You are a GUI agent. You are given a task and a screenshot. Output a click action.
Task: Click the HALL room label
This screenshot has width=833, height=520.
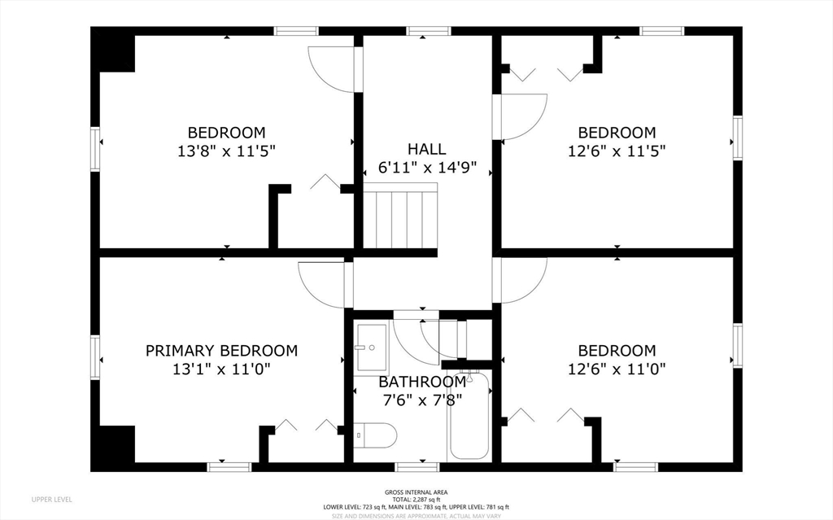point(426,149)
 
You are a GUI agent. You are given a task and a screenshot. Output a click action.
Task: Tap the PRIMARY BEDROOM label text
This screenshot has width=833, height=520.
point(221,351)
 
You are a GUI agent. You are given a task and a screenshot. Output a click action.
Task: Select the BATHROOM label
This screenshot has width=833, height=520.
point(422,382)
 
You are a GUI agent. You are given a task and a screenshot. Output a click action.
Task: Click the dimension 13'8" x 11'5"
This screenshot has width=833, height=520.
point(226,151)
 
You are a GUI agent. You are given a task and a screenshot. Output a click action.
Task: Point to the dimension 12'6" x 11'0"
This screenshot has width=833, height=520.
point(617,369)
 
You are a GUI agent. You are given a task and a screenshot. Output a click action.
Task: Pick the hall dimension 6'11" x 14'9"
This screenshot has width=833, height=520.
point(427,168)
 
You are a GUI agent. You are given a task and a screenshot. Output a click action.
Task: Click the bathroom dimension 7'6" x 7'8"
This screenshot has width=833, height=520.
point(422,400)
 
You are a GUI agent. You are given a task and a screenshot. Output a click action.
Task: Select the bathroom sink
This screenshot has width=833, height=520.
point(371,348)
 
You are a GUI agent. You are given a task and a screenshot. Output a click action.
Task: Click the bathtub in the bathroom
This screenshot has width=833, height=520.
point(469,417)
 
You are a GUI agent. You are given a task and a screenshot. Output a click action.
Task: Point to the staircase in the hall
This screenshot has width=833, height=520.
point(399,218)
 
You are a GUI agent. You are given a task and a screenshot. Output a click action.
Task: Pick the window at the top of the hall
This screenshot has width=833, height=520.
point(428,31)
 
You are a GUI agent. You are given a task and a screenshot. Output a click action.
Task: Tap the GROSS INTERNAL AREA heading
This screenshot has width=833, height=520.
point(416,492)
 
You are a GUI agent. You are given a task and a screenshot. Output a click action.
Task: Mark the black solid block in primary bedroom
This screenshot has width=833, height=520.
point(117,444)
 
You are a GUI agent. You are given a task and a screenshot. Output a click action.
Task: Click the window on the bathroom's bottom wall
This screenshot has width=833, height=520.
point(417,467)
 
